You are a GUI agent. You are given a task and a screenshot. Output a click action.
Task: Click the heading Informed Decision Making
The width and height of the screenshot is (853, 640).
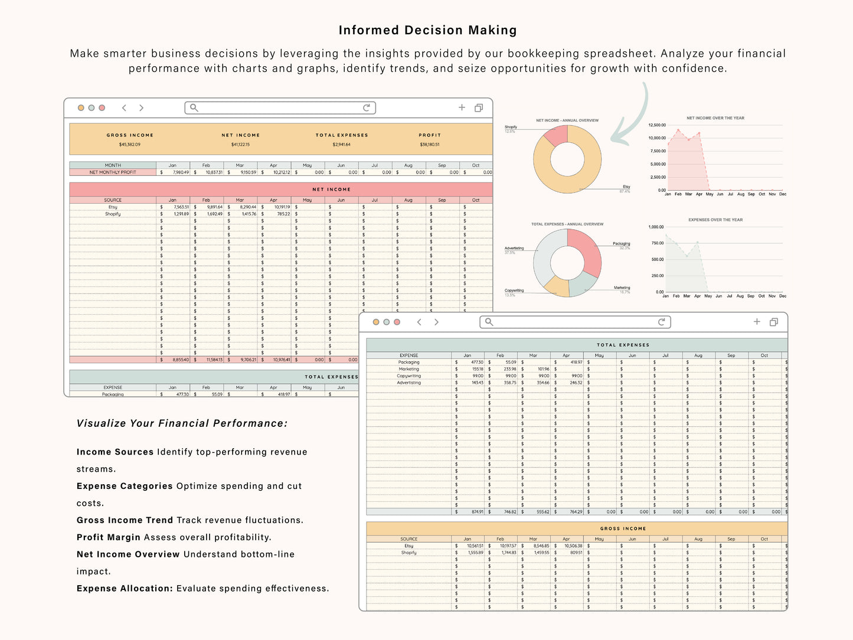pos(427,30)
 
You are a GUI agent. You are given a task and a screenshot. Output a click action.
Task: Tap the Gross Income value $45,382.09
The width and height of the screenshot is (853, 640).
pos(130,145)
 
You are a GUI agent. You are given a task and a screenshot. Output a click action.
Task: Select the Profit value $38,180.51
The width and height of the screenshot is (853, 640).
pos(430,145)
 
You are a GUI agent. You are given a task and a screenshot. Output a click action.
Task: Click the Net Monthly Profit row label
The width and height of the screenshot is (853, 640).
pos(113,172)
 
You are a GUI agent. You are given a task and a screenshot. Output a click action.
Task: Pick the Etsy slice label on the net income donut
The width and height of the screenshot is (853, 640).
pos(626,187)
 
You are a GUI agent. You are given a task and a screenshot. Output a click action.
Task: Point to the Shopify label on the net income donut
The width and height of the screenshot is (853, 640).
pos(511,127)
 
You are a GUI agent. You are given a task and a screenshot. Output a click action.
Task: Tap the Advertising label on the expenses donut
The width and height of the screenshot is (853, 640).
pos(514,248)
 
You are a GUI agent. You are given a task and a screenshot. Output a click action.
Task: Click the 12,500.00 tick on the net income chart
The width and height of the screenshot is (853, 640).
pos(657,125)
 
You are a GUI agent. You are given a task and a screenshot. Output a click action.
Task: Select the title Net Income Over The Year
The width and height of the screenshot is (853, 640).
pos(715,118)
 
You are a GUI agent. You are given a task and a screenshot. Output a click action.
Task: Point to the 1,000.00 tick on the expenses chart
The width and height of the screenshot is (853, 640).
pos(656,227)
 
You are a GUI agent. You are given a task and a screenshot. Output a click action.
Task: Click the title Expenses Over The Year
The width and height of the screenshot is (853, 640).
pos(715,220)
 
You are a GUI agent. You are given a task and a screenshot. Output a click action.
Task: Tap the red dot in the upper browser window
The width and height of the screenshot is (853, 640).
pos(102,108)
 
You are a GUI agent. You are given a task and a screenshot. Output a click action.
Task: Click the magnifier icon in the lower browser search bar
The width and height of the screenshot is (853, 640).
pos(489,322)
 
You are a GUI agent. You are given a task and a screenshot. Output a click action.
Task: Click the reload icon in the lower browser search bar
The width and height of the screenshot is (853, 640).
pos(662,322)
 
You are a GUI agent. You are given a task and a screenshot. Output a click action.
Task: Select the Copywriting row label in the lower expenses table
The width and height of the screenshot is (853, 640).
pos(409,376)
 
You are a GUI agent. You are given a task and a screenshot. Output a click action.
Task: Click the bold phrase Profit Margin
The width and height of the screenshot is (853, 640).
pos(109,537)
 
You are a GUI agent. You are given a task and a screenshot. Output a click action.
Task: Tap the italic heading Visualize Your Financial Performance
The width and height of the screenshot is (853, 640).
pos(182,423)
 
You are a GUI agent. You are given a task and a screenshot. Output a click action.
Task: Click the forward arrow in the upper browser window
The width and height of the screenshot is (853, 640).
pos(141,108)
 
